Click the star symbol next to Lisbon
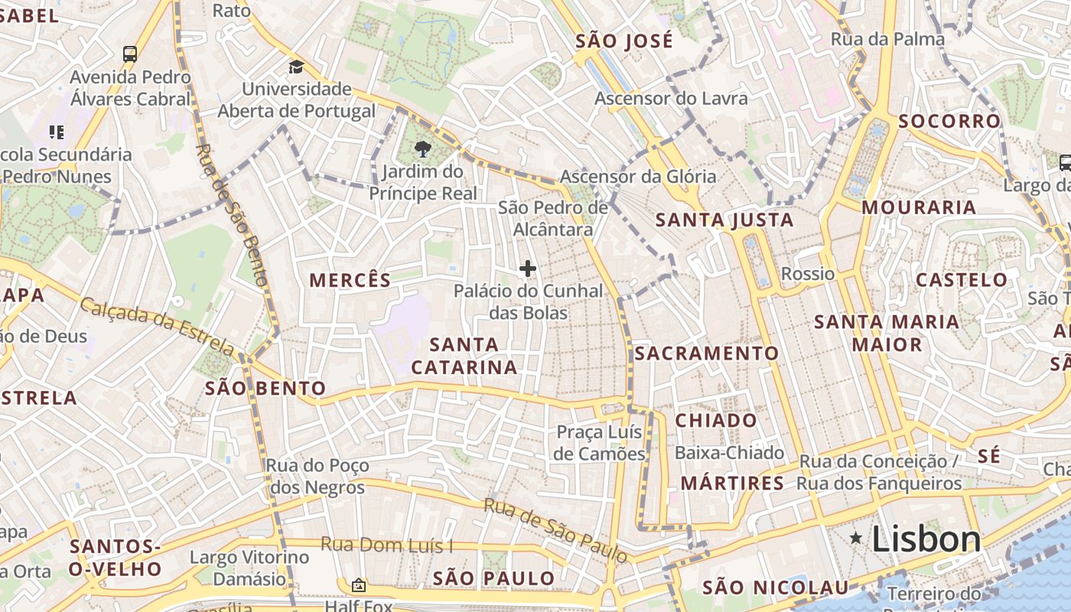(x=856, y=539)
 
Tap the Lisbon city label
(x=926, y=539)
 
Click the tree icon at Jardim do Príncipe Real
(x=422, y=148)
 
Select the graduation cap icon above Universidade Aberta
(x=297, y=67)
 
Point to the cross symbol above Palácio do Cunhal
(x=527, y=269)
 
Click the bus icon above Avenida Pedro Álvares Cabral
(x=130, y=54)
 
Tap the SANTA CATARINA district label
(x=464, y=356)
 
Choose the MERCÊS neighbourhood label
(x=350, y=280)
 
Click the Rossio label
(x=808, y=274)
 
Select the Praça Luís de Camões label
(x=600, y=443)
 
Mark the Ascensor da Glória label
(x=638, y=177)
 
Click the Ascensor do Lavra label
(x=671, y=98)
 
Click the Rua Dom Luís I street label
(x=386, y=545)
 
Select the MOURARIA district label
(x=919, y=207)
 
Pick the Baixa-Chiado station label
(x=729, y=453)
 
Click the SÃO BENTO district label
(x=265, y=388)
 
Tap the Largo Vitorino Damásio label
(x=249, y=568)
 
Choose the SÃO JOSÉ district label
(x=624, y=41)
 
